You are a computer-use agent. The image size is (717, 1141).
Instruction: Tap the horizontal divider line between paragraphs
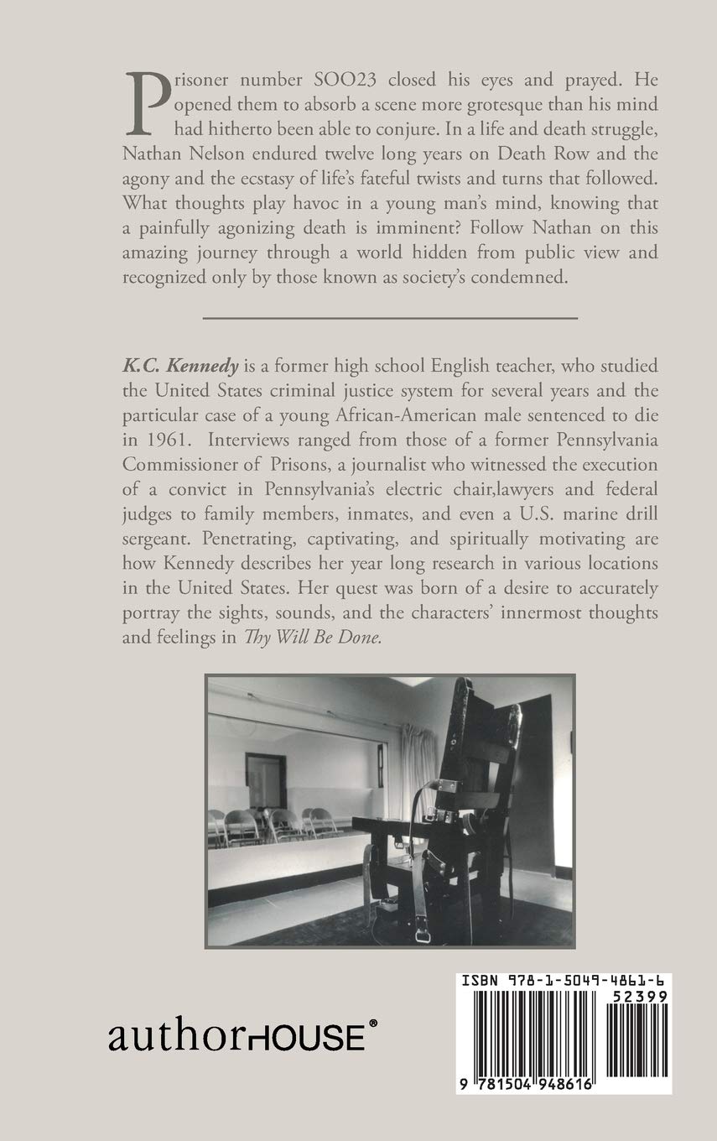pyautogui.click(x=390, y=318)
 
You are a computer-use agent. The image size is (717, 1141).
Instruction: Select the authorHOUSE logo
pyautogui.click(x=236, y=1039)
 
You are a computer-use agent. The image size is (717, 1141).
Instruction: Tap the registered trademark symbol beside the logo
pyautogui.click(x=373, y=1025)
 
